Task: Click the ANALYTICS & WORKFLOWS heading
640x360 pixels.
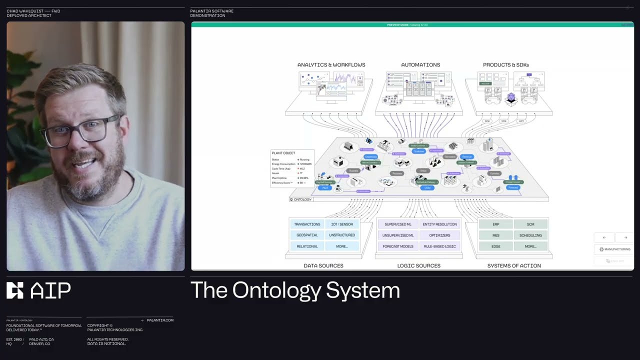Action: click(x=331, y=65)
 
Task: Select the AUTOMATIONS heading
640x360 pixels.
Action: click(x=420, y=65)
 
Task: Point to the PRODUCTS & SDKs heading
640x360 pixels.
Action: click(x=505, y=65)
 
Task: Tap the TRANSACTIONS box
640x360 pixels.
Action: click(x=307, y=224)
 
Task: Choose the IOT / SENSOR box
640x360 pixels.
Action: click(x=342, y=224)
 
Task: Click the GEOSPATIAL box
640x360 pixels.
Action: click(x=307, y=235)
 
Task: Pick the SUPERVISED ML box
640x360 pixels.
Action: click(x=398, y=224)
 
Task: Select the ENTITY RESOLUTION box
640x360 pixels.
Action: click(x=439, y=224)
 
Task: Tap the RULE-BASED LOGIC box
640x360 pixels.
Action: click(x=439, y=246)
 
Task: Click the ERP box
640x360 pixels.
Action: click(x=495, y=224)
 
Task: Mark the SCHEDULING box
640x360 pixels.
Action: click(x=530, y=235)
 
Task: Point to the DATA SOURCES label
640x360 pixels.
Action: click(x=323, y=266)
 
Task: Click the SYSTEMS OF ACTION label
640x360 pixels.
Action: click(x=513, y=266)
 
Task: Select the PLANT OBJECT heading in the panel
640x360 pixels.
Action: click(x=283, y=153)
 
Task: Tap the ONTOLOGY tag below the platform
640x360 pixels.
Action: click(x=301, y=199)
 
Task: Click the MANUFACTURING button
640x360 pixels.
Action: click(x=614, y=249)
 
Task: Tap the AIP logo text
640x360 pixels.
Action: click(x=50, y=290)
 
